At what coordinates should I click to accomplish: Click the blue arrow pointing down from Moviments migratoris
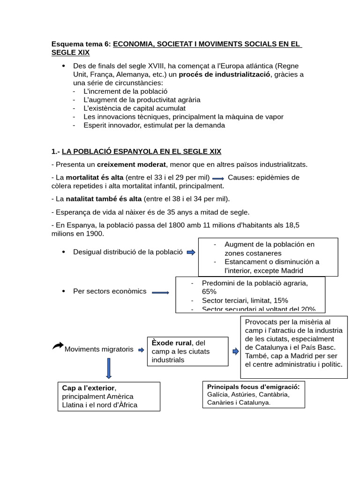tap(109, 368)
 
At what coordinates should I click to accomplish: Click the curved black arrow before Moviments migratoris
tap(58, 346)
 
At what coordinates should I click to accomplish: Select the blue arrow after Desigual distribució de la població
tap(191, 252)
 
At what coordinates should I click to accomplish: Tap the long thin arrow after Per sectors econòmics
tap(160, 292)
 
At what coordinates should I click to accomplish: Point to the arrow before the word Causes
tap(218, 178)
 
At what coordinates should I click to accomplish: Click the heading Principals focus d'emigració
tap(253, 386)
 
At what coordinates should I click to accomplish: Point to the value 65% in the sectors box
tap(210, 292)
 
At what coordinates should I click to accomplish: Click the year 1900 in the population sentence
tap(93, 233)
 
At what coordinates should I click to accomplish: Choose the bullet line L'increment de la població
tap(125, 91)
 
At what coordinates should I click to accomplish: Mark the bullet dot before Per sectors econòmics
tap(63, 291)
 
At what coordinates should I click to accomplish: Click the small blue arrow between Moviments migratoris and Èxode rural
tap(141, 350)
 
